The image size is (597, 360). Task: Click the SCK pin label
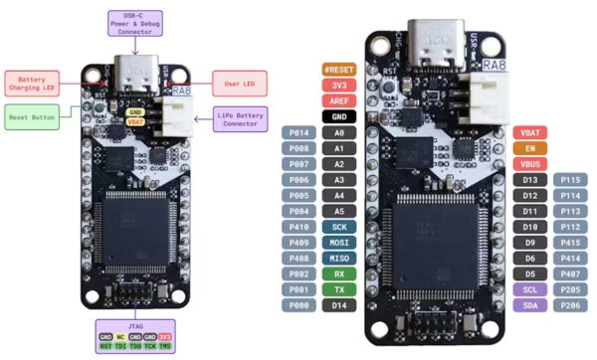click(339, 227)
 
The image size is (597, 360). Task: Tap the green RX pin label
click(339, 273)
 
